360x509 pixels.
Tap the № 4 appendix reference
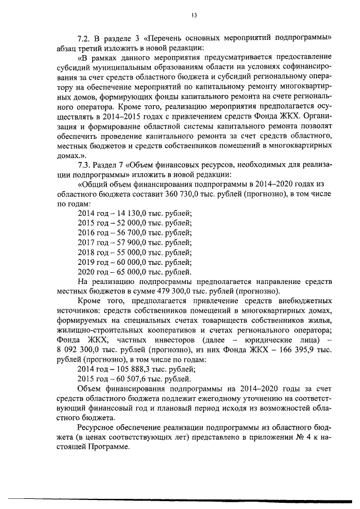click(x=301, y=438)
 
